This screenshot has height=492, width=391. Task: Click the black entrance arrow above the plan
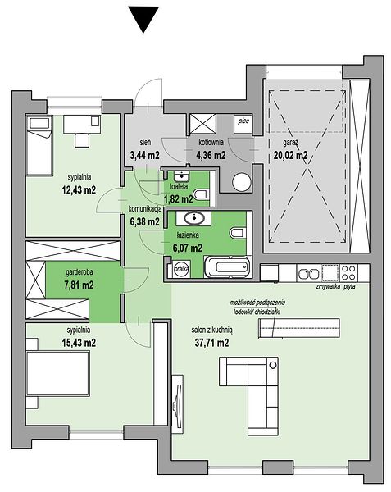point(144,19)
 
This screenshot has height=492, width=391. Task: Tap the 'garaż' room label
point(290,143)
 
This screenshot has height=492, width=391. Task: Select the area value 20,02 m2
point(290,155)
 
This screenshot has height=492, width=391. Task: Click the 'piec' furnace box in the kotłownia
point(243,123)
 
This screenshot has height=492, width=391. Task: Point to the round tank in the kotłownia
point(242,182)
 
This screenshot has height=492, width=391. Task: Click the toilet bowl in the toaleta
point(201,195)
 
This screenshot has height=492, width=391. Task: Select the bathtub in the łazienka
point(228,267)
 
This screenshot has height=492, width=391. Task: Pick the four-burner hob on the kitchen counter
point(349,273)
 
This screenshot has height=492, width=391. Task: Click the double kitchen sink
point(308,274)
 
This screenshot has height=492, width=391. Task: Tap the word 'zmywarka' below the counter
point(328,286)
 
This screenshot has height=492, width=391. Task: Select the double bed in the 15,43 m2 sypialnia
point(58,373)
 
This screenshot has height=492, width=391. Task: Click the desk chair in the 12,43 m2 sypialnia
point(82,140)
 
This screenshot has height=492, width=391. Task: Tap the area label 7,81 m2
point(79,285)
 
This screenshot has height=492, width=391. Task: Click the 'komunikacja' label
point(145,208)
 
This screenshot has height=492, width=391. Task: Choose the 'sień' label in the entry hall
point(145,143)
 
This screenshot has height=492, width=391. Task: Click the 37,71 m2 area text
point(211,343)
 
